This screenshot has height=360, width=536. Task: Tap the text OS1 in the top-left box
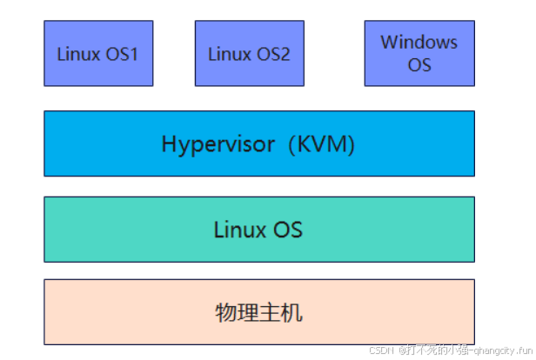(x=122, y=54)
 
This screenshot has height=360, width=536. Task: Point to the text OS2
(x=273, y=54)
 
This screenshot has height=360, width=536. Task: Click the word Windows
(x=419, y=42)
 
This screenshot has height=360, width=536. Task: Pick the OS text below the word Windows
(x=419, y=65)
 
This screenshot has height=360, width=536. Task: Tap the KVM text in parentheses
(x=322, y=143)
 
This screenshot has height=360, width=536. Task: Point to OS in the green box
(x=287, y=230)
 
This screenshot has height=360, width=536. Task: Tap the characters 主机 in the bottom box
(x=280, y=312)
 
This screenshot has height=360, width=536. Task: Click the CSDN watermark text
(x=382, y=350)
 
